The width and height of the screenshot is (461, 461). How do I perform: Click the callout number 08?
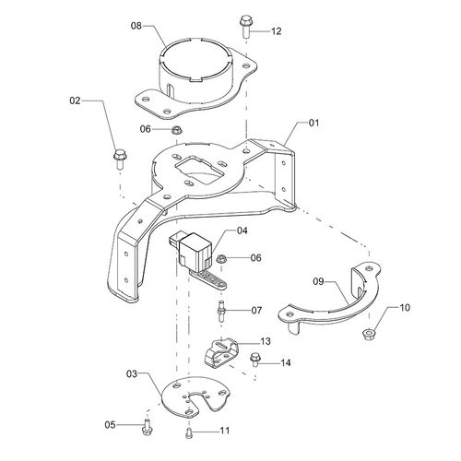click(136, 28)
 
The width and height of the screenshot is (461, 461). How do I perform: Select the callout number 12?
click(276, 31)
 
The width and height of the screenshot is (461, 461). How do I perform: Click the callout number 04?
click(242, 230)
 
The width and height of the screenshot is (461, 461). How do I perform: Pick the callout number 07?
click(256, 309)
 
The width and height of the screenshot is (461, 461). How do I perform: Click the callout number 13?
click(266, 341)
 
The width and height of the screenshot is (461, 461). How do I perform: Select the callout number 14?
click(284, 362)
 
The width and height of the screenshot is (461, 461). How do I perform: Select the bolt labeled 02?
click(119, 160)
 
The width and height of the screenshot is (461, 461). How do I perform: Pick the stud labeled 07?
click(221, 309)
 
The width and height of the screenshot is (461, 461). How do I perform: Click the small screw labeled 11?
click(189, 431)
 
